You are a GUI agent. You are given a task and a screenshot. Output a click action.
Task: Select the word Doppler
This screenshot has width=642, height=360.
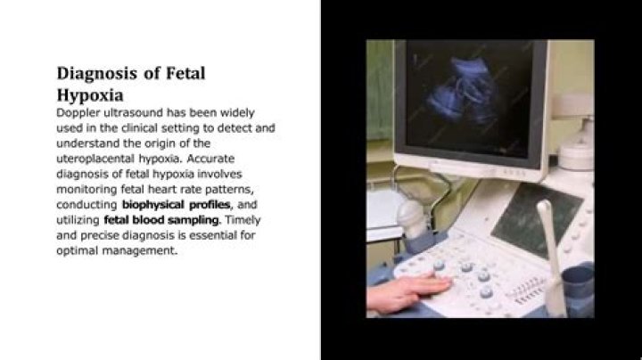(x=78, y=113)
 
